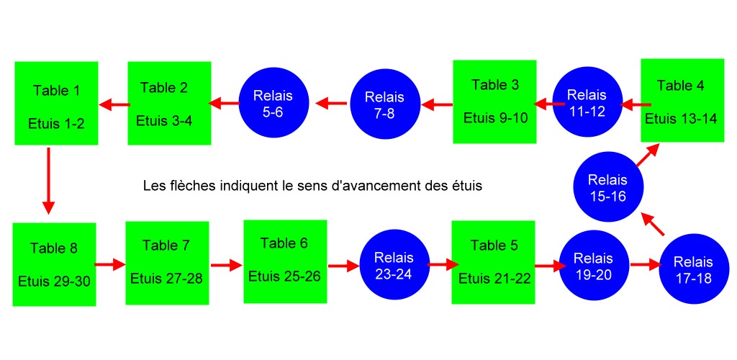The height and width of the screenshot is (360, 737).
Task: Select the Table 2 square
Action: coord(169,104)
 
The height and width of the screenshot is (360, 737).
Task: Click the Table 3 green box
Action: coord(495,102)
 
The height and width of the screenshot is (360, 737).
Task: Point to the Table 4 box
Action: coord(681,101)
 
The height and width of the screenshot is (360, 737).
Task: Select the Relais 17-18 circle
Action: coord(695,270)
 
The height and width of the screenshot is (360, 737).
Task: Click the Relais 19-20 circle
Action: coord(593,266)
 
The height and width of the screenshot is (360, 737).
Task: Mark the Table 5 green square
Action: coord(493,262)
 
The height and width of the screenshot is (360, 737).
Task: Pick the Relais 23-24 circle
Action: coord(394,266)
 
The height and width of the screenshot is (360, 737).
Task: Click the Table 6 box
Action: coord(285,261)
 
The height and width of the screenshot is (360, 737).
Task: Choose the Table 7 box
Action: coord(166,262)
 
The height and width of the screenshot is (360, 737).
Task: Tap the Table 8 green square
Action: coord(54,264)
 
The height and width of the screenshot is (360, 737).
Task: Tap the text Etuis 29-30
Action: coord(54,280)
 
